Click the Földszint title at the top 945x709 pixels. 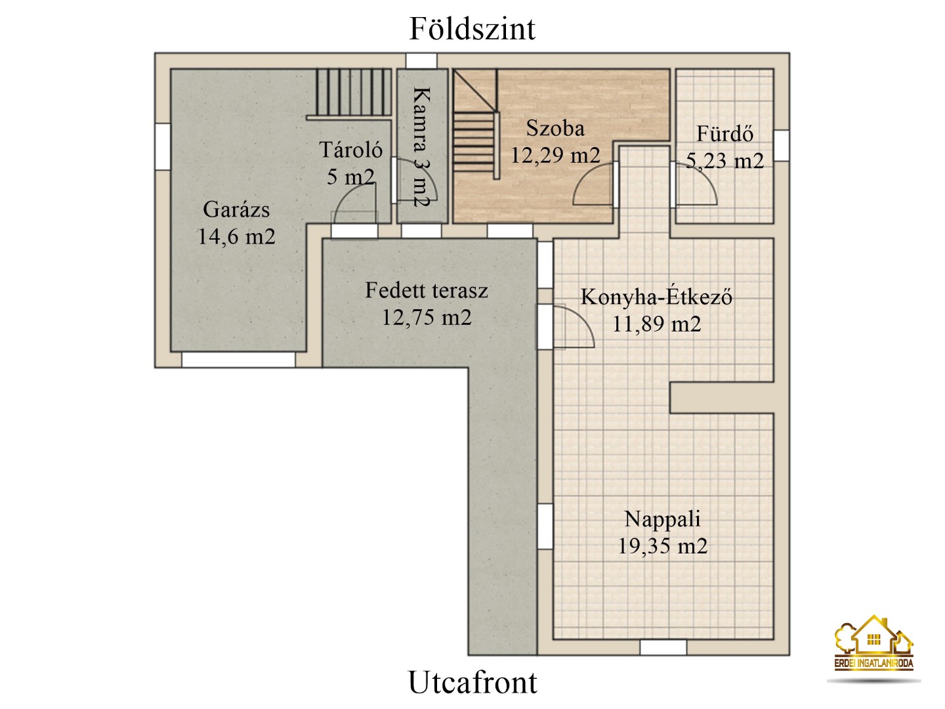(472, 29)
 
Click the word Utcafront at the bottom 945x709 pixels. (472, 682)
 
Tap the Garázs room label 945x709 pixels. (236, 209)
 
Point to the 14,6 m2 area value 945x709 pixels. (236, 237)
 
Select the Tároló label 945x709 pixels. (351, 150)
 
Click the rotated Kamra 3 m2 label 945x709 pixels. (422, 147)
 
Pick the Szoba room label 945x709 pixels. (555, 128)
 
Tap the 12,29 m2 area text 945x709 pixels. (555, 155)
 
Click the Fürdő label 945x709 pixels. (725, 133)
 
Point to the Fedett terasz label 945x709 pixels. (427, 290)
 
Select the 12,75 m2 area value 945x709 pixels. (427, 317)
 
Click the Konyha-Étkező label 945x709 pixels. (656, 297)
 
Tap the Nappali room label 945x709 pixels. (663, 519)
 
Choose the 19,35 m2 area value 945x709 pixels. (663, 546)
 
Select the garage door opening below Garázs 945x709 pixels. (238, 360)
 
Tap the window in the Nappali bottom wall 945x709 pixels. (663, 647)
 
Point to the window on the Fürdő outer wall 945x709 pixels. (782, 146)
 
